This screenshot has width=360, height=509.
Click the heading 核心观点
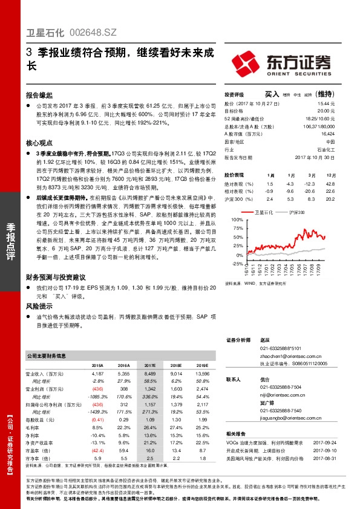pos(39,143)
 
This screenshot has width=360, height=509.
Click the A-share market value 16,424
pos(328,134)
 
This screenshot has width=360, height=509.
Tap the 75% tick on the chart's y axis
pos(235,229)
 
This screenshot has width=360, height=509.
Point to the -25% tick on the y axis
pos(234,264)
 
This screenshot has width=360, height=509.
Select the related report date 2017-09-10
pos(327,451)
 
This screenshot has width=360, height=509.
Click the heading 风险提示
pos(39,306)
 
